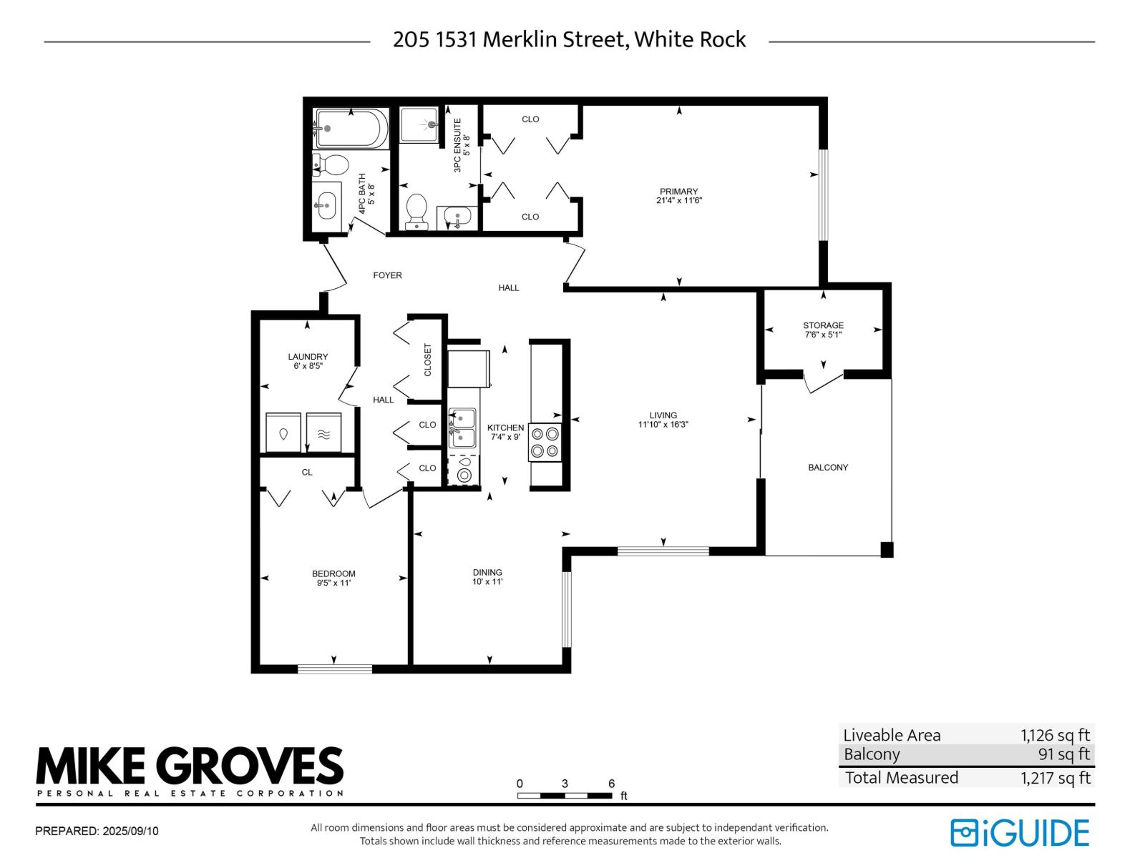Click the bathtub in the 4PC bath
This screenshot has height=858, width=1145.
pos(351,129)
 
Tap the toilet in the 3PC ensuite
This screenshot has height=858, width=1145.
pos(416,210)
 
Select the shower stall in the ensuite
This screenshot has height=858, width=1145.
pos(419,124)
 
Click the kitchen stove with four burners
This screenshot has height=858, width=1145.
pos(545,442)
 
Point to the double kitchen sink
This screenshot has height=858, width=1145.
pos(462,428)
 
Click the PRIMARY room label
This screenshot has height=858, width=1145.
pos(678,192)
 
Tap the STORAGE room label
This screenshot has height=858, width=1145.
pos(823,325)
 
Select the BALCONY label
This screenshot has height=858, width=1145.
pos(828,468)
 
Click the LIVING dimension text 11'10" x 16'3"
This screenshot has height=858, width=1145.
pos(663,425)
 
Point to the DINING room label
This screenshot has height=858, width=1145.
pos(487,572)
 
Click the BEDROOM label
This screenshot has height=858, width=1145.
pos(333,573)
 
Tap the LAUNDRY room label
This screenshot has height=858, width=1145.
pos(308,357)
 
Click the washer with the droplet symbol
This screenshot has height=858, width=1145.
pos(283,433)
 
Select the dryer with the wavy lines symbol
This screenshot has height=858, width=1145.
pos(323,433)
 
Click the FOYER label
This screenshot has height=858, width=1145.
pos(387,275)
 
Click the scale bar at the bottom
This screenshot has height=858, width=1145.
pos(565,795)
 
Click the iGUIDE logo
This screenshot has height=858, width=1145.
pos(1020,833)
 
